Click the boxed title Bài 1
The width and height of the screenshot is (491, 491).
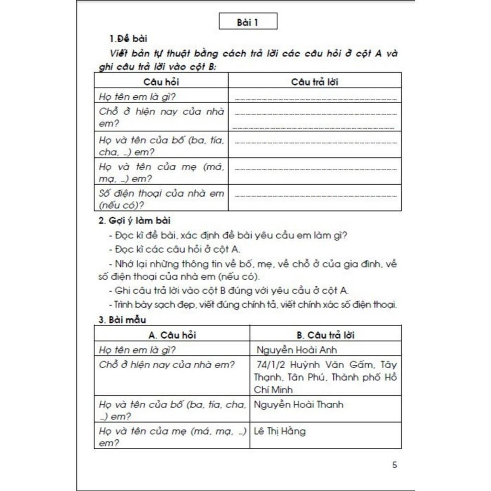pos(247,22)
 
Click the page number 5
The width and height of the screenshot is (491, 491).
pos(395,465)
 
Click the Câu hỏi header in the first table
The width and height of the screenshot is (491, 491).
pos(161,82)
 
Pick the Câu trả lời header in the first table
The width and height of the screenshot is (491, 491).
pos(315,82)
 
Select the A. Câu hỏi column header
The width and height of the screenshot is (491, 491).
pos(172,335)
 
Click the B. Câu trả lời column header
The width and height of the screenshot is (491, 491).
pos(326,335)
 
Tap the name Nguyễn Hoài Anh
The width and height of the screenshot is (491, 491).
pos(297,350)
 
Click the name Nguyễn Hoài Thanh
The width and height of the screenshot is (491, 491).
pos(298,404)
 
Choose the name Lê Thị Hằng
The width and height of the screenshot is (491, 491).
pos(280,431)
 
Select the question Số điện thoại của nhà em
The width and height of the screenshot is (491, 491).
pos(161,194)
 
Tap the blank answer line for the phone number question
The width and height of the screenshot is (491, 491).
pos(316,196)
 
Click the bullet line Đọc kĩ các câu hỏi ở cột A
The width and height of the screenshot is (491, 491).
pos(175,249)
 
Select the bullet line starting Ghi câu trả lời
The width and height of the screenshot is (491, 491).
pos(229,290)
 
